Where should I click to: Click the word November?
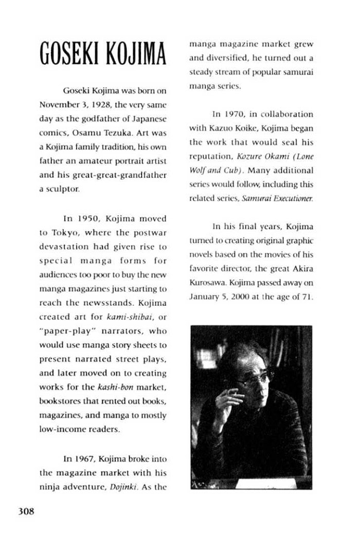pyautogui.click(x=57, y=105)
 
